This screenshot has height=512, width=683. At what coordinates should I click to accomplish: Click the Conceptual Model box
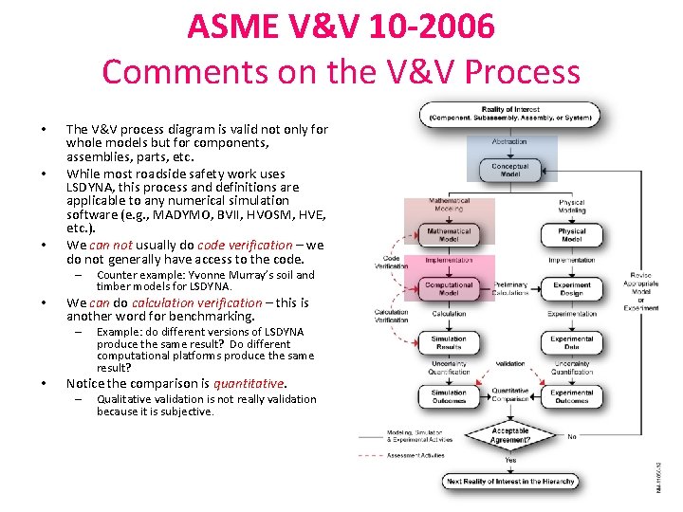pos(510,171)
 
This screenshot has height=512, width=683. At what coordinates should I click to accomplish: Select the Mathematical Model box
pos(449,234)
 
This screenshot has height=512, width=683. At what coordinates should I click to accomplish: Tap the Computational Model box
pos(449,287)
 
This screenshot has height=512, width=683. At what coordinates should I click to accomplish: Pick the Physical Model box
pos(571,234)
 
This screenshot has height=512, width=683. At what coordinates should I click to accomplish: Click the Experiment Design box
pos(572,288)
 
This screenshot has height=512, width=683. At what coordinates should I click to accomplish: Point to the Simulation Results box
pos(449,342)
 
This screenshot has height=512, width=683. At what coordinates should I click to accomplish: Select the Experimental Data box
pos(571,342)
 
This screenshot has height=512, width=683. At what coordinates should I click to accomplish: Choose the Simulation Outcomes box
pos(449,396)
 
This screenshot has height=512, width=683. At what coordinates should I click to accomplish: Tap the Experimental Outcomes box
pos(571,396)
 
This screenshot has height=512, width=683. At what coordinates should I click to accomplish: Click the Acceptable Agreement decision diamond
pos(510,434)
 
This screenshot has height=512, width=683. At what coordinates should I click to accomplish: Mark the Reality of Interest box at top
pos(510,115)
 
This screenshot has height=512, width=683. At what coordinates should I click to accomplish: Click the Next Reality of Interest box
pos(510,482)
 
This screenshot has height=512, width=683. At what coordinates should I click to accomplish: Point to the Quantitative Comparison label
pos(510,395)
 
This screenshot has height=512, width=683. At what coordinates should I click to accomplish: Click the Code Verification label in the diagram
pos(391,262)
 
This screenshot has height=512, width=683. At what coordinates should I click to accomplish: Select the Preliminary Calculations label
pos(510,288)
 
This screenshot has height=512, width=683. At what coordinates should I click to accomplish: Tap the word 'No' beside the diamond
pos(571,437)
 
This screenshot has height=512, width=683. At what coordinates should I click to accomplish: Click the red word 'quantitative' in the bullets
pos(248,384)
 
